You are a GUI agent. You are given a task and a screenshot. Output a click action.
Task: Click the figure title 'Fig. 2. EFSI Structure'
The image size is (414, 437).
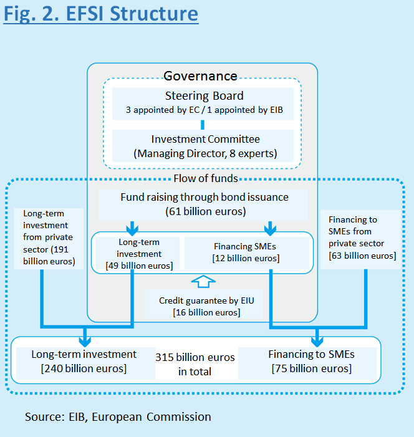pos(100,14)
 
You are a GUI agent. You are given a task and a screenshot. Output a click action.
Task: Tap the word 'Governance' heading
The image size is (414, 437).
pos(200,76)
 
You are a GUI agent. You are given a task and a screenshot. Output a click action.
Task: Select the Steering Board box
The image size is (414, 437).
pos(203,103)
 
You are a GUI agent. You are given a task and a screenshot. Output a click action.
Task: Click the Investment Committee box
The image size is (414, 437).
pos(203,146)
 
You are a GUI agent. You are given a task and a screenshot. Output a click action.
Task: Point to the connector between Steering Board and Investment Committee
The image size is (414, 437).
pos(203,125)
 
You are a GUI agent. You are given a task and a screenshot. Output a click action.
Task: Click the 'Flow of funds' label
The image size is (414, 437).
pos(206,178)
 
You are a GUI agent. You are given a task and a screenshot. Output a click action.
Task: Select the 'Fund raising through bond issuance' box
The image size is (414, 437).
pos(203,205)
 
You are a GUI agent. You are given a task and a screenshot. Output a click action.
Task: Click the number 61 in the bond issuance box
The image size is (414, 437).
pos(175,211)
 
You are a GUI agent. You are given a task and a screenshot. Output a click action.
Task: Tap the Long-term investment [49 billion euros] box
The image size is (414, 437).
pos(138,253)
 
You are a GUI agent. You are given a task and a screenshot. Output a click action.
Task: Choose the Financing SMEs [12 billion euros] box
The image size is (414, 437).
pos(247,252)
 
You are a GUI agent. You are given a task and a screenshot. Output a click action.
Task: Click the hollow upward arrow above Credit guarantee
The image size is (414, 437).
pos(203,282)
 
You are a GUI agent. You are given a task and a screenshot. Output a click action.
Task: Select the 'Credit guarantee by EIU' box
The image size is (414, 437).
pos(204,304)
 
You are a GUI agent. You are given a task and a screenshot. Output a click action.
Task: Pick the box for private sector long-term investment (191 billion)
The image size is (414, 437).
pos(49,239)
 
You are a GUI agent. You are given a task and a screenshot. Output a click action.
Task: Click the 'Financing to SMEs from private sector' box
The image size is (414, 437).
pos(361,239)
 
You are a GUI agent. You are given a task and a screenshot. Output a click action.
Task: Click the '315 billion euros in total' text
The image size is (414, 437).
pos(195,364)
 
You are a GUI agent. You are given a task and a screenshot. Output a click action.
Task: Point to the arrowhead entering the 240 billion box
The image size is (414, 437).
pos(85,342)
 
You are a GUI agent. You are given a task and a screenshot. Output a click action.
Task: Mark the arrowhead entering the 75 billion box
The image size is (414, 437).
pos(317,342)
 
